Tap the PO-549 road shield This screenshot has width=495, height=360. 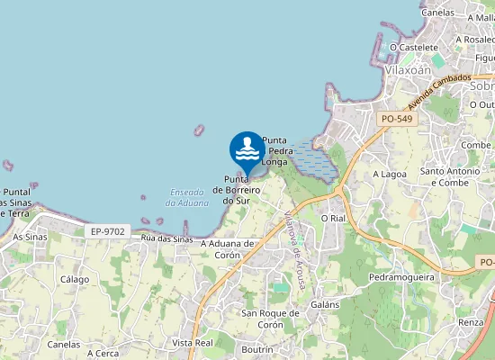397,119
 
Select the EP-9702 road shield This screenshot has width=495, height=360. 108,231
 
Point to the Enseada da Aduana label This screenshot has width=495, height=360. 187,197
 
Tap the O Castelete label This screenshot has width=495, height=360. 413,47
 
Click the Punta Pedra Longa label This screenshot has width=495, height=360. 274,151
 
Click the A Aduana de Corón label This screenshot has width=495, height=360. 228,248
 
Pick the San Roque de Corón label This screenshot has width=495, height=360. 263,319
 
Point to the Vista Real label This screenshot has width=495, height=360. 192,343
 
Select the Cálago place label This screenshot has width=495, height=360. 75,279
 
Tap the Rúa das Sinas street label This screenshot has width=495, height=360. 167,239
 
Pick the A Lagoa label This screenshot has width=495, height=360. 391,174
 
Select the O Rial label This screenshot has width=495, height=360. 333,218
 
